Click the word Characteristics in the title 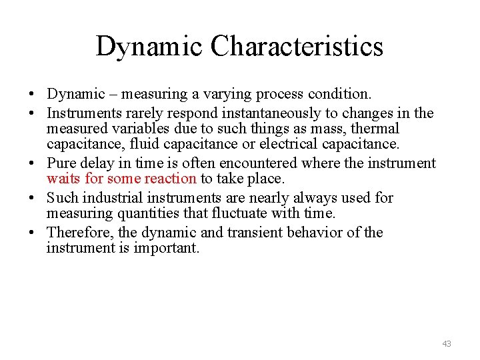(297, 47)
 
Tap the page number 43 (446, 344)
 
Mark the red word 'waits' (63, 179)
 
